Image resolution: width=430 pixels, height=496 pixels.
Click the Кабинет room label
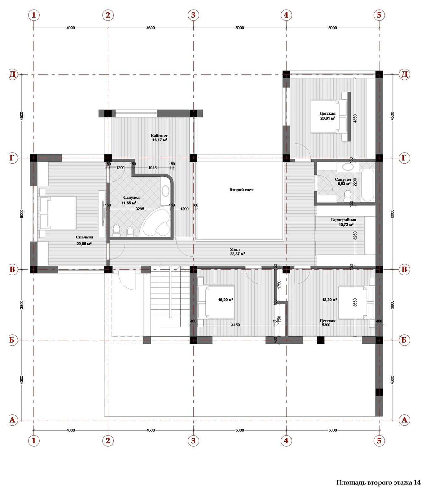[159, 135]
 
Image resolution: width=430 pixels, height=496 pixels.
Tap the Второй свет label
[241, 190]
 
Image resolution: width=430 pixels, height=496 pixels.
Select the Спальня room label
[85, 237]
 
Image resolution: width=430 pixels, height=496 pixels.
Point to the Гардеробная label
[344, 219]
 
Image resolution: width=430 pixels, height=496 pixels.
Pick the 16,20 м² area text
[226, 300]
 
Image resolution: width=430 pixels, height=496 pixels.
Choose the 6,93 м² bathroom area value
[343, 184]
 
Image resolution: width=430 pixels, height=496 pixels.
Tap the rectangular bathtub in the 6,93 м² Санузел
[368, 185]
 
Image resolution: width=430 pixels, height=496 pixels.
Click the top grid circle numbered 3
[193, 15]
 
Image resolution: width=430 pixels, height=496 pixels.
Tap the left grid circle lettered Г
[12, 158]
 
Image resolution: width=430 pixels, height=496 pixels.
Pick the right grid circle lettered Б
[404, 340]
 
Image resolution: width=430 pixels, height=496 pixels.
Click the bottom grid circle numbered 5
[379, 441]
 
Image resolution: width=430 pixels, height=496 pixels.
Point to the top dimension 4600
[151, 28]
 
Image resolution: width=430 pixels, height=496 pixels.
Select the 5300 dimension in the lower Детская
[326, 325]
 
